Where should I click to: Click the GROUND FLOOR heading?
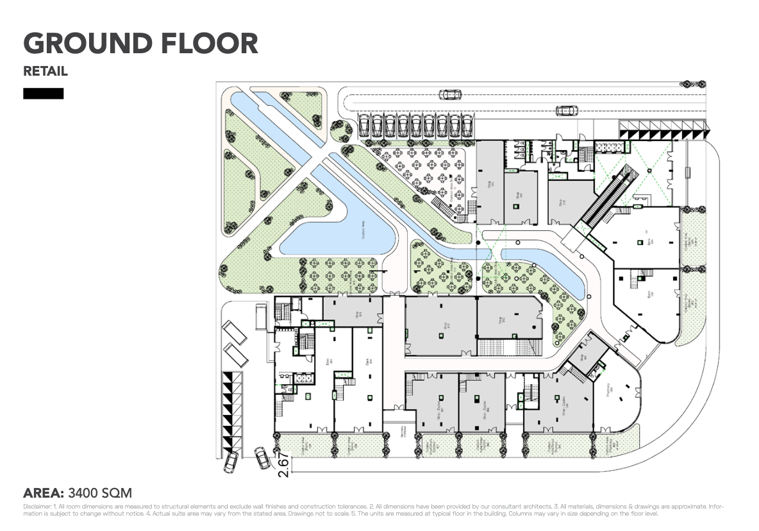(x=140, y=44)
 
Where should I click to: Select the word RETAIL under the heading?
(x=46, y=71)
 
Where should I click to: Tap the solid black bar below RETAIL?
(x=44, y=94)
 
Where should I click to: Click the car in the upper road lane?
(x=450, y=95)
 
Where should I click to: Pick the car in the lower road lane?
(x=567, y=110)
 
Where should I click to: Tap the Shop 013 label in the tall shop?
(x=490, y=184)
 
